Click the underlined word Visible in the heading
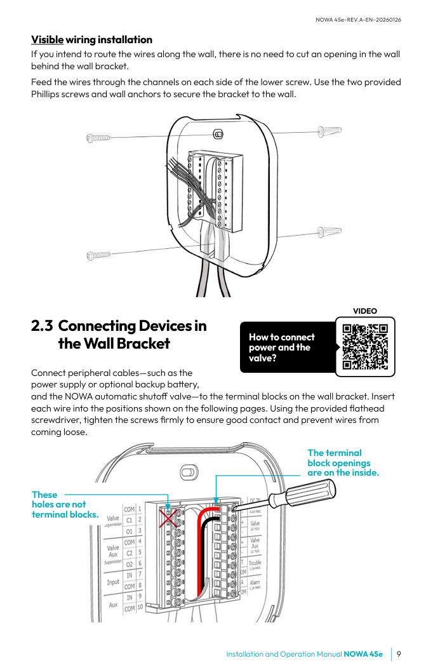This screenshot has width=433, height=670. pyautogui.click(x=48, y=40)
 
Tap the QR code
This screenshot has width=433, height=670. pyautogui.click(x=365, y=347)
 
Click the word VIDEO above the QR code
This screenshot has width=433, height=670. pyautogui.click(x=365, y=311)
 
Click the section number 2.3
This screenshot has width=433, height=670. pyautogui.click(x=42, y=326)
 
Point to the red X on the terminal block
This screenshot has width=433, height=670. pyautogui.click(x=168, y=517)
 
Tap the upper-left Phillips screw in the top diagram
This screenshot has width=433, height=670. pyautogui.click(x=98, y=138)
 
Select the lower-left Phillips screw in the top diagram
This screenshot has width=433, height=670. pyautogui.click(x=98, y=255)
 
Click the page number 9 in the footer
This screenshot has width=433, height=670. pyautogui.click(x=398, y=654)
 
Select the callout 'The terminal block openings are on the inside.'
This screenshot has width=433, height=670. pyautogui.click(x=343, y=462)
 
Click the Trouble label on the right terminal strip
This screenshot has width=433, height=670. pyautogui.click(x=255, y=563)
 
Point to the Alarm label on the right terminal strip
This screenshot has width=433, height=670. pyautogui.click(x=254, y=582)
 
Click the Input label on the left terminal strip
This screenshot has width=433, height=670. pyautogui.click(x=113, y=581)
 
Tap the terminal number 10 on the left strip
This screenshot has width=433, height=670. pyautogui.click(x=140, y=608)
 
